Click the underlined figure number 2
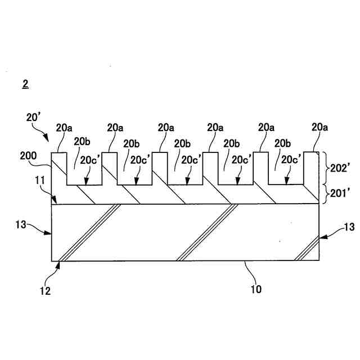[x=25, y=84]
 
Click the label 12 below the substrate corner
[x=46, y=291]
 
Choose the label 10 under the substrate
[x=255, y=290]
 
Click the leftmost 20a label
[x=64, y=128]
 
